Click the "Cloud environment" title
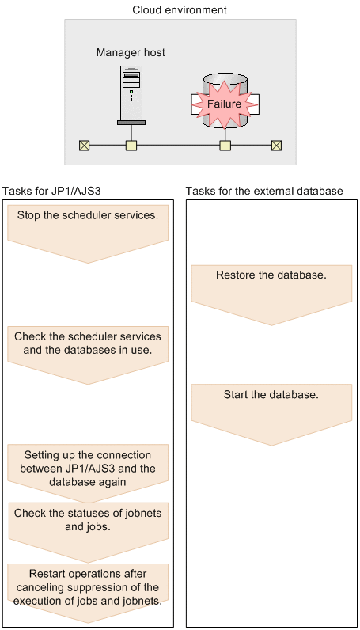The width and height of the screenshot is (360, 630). [x=180, y=9]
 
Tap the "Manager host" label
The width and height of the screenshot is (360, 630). [x=131, y=53]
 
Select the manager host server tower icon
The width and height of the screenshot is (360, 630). [x=131, y=95]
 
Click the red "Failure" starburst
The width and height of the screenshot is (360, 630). [x=224, y=104]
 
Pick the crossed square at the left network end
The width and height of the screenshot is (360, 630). [x=85, y=146]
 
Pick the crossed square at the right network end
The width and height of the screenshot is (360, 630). [x=276, y=146]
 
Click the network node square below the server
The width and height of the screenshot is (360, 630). [x=131, y=146]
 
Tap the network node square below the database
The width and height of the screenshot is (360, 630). [x=225, y=146]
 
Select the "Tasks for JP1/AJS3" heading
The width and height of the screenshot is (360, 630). [x=51, y=192]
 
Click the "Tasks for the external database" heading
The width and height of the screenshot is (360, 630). [x=264, y=192]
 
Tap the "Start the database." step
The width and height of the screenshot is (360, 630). [x=271, y=415]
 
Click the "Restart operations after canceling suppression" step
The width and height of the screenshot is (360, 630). [x=88, y=592]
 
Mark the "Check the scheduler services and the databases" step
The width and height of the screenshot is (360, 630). [x=88, y=355]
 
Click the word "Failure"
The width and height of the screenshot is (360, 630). [x=224, y=104]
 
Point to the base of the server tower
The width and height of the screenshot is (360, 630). [x=131, y=123]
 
